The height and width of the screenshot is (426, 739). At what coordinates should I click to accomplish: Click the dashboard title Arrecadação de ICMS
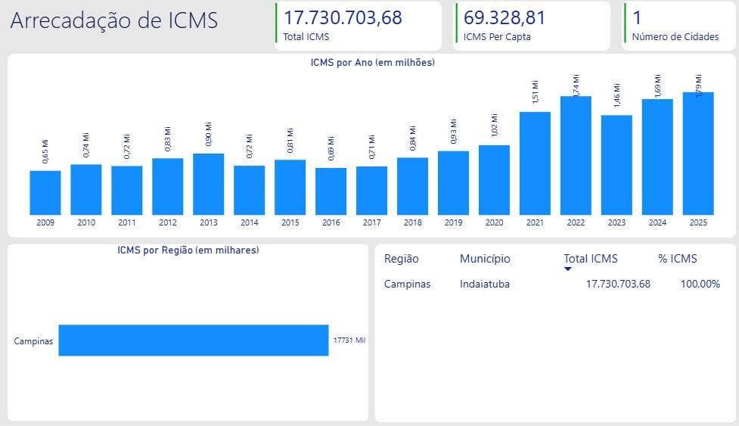(114, 21)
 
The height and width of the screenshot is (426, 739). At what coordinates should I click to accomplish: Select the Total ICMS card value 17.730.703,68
(343, 17)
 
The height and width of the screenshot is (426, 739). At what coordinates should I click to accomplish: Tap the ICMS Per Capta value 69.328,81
(505, 17)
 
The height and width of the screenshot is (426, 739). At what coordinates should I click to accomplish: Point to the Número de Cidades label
(675, 36)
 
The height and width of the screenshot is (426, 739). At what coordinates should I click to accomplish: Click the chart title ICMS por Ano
(372, 63)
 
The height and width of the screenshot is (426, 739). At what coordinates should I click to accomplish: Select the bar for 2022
(576, 155)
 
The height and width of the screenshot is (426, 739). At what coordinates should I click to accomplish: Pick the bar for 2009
(45, 192)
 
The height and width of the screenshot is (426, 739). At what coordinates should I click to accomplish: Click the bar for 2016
(331, 191)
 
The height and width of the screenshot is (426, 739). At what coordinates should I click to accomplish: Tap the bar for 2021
(535, 163)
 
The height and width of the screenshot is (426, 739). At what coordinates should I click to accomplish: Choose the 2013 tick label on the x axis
(209, 222)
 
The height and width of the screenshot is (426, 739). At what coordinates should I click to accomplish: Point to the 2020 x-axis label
(494, 222)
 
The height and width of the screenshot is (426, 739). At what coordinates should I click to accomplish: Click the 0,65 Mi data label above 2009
(45, 151)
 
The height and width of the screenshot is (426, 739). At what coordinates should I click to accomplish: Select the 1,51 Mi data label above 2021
(535, 92)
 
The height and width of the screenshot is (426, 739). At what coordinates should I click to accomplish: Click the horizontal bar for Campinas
(194, 340)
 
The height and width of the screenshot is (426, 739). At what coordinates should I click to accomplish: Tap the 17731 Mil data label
(349, 340)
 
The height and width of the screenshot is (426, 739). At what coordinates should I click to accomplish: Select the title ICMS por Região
(188, 250)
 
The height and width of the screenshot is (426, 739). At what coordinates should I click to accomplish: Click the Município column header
(485, 259)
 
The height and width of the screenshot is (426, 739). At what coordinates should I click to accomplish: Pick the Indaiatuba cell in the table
(485, 284)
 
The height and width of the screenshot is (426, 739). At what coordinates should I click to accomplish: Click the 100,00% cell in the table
(700, 284)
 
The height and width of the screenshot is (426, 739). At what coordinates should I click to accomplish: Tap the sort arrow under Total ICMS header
(568, 269)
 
